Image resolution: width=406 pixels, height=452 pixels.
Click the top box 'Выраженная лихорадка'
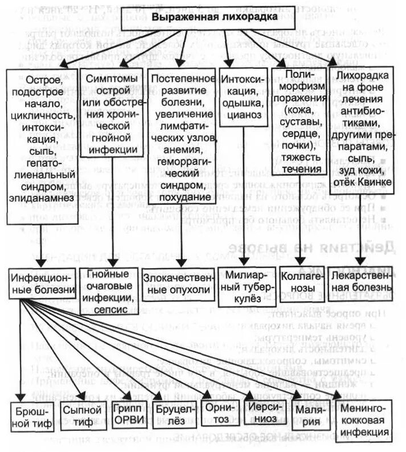214,18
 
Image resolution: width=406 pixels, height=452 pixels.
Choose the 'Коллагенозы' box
302,282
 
